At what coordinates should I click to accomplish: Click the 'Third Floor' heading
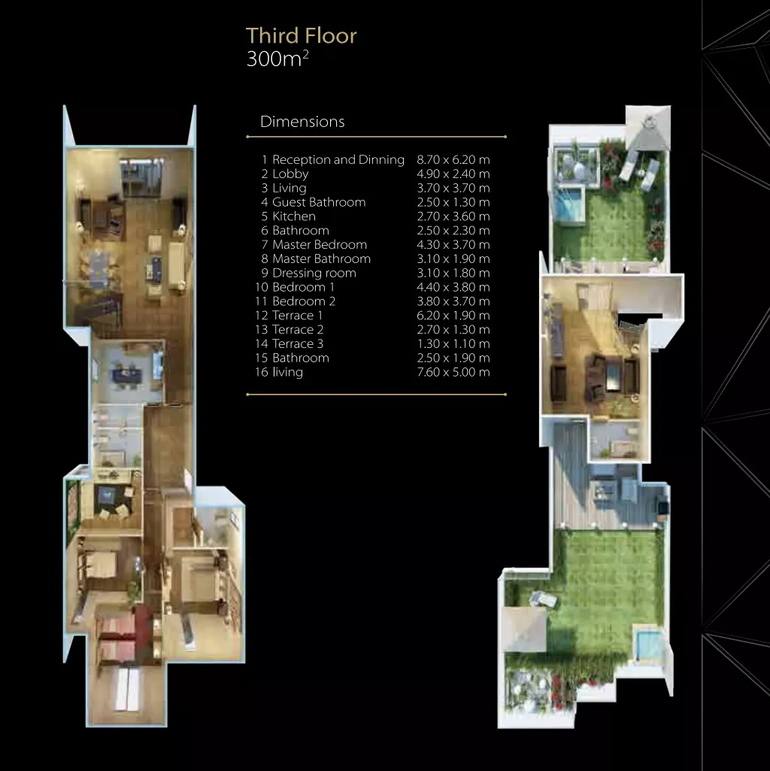point(301,36)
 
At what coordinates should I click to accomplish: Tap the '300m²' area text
point(277,59)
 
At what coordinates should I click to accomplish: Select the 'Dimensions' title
point(302,122)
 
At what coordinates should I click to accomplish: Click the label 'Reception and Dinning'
point(338,160)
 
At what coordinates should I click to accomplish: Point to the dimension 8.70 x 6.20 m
point(453,160)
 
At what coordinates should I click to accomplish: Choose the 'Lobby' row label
point(290,174)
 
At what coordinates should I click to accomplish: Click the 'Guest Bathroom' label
point(319,202)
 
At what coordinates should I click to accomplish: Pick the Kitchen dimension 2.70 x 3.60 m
point(453,216)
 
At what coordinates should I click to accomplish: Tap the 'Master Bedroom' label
point(320,244)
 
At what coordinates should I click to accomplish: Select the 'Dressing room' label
point(314,273)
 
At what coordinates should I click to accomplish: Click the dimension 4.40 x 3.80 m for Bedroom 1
point(453,287)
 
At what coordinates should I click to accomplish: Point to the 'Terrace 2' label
point(298,329)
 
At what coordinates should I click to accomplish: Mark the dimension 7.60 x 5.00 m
point(453,372)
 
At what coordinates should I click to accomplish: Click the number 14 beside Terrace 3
point(261,343)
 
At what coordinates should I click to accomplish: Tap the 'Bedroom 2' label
point(304,301)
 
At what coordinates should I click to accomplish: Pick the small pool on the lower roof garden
point(648,644)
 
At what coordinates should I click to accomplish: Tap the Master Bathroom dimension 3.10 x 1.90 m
point(453,259)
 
